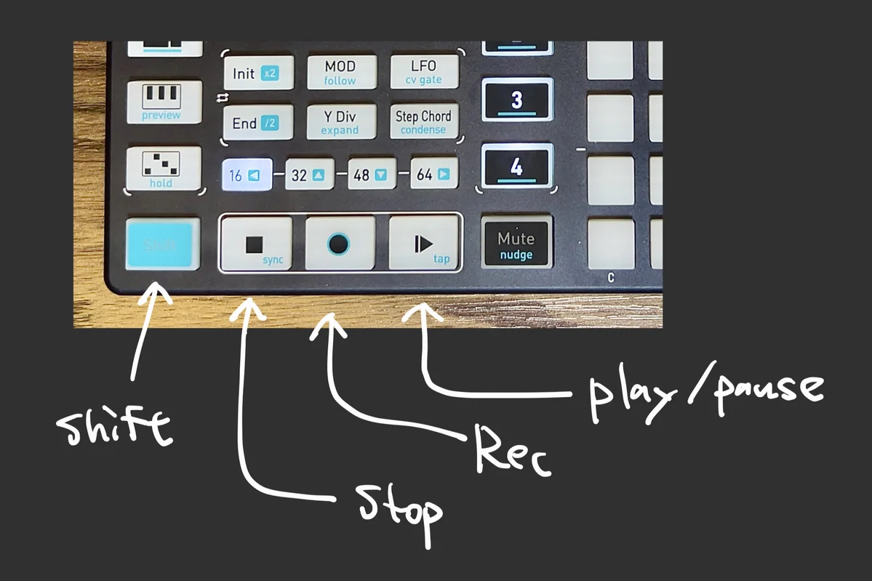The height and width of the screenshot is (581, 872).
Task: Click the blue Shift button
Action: [x=162, y=244]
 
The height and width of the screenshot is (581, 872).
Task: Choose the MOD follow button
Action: [x=340, y=73]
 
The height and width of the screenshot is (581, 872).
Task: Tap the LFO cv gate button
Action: [x=424, y=73]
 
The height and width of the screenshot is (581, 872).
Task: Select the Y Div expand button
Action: [x=340, y=122]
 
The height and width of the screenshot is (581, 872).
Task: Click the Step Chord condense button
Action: [x=423, y=121]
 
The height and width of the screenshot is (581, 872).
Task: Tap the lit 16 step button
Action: [x=247, y=175]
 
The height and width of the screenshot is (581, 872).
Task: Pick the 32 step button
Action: [x=309, y=175]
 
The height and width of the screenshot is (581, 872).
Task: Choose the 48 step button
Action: [x=371, y=175]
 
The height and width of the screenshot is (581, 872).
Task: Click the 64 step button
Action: [x=434, y=175]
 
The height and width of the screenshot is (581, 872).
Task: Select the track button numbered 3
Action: [x=516, y=100]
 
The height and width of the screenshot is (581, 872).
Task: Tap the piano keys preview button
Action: [x=164, y=101]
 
